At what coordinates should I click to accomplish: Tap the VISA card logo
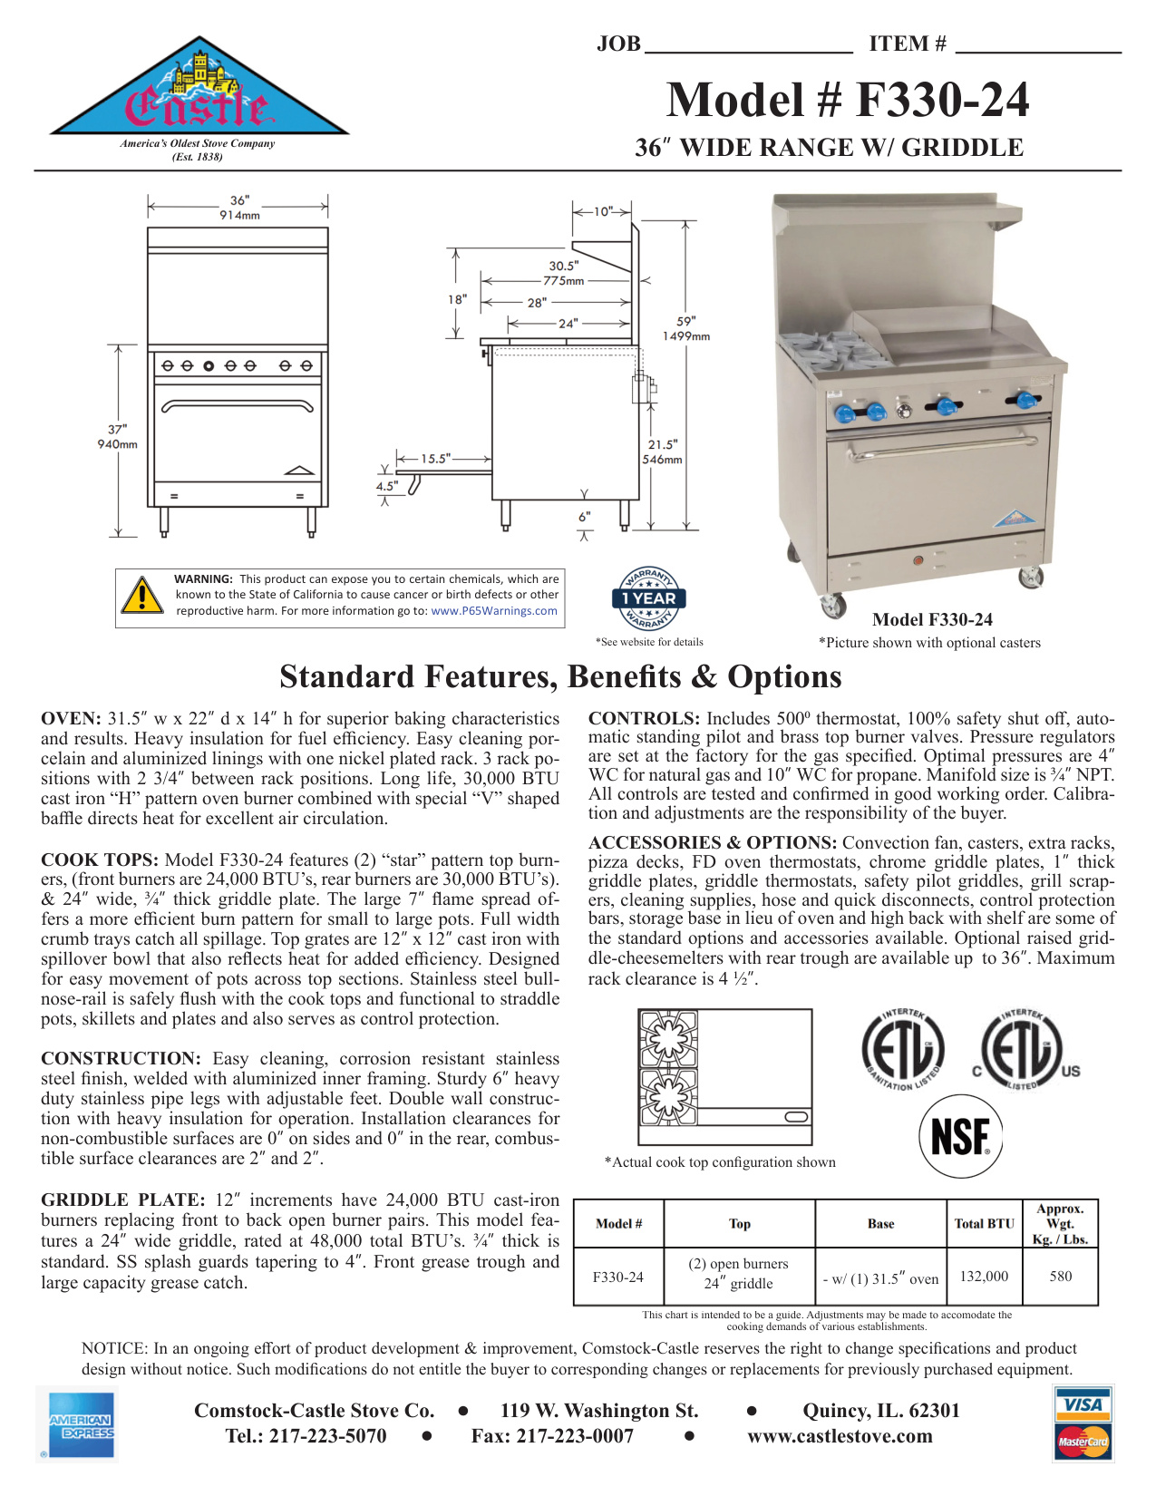click(1083, 1405)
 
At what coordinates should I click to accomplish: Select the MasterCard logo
click(1083, 1441)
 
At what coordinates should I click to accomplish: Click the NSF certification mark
click(961, 1136)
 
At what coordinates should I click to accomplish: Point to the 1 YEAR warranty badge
click(648, 598)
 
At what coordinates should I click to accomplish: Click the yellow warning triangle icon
click(142, 596)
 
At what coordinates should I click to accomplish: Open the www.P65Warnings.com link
click(494, 611)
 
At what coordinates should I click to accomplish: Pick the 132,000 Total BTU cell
click(984, 1277)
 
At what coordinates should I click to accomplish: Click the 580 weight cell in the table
click(1061, 1277)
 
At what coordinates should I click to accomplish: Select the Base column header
click(880, 1224)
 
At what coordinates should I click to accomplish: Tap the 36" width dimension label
click(239, 200)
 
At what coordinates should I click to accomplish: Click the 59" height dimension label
click(686, 321)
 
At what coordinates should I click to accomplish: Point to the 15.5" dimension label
click(435, 459)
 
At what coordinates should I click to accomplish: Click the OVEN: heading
click(71, 719)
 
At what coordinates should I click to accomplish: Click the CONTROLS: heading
click(644, 719)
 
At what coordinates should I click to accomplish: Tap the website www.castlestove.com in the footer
click(840, 1436)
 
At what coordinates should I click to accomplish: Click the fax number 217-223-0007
click(552, 1436)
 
